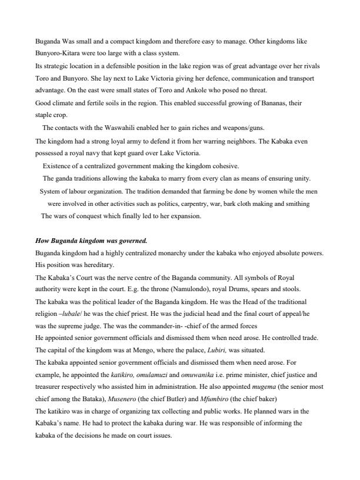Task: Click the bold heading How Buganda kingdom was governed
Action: coord(91,241)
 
